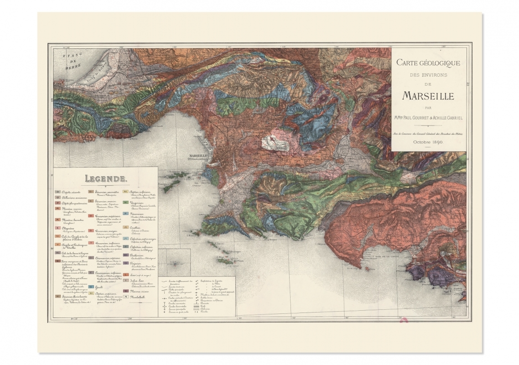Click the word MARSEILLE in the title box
tap(428, 96)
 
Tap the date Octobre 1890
tap(428, 142)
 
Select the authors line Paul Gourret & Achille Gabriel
tap(428, 118)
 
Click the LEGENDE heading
tap(105, 179)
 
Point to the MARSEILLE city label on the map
tap(199, 156)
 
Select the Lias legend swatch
tap(125, 275)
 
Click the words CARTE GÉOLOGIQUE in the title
tap(428, 63)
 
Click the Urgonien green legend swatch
tap(125, 202)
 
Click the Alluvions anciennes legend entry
tap(69, 198)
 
